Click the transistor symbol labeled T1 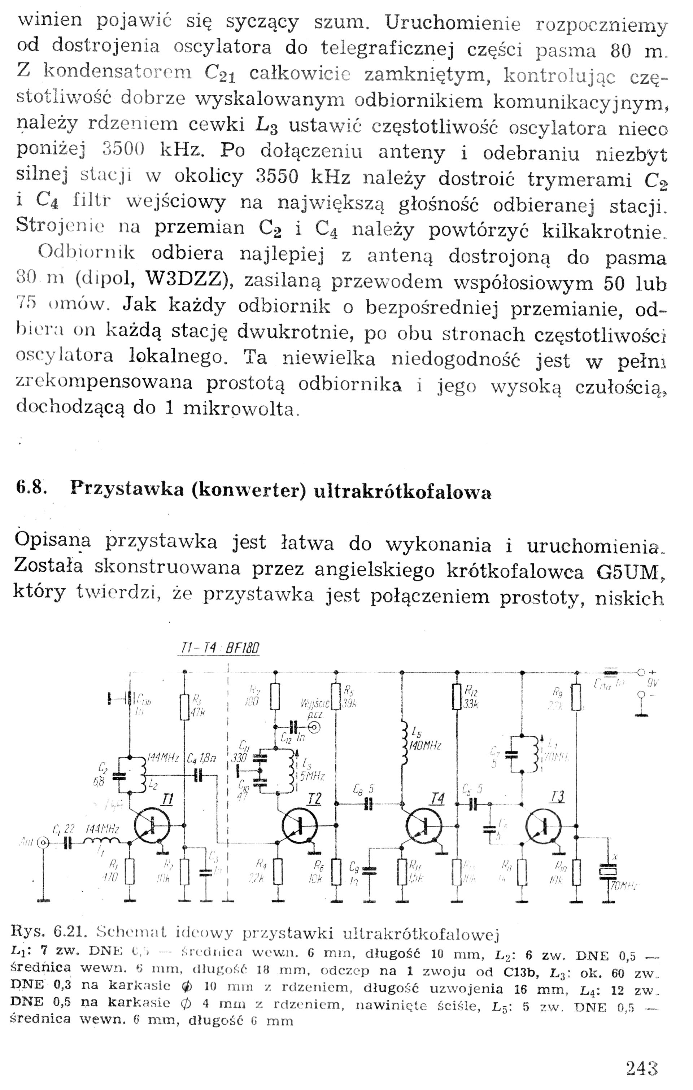click(152, 827)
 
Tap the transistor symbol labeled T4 click(424, 827)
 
